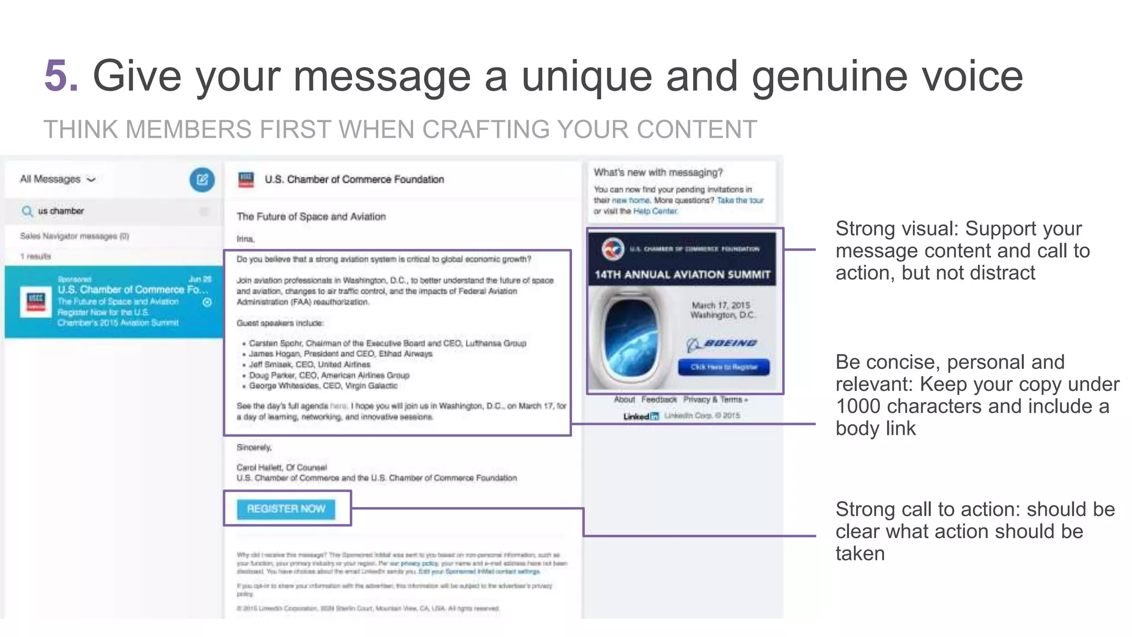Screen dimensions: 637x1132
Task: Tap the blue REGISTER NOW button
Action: click(x=286, y=509)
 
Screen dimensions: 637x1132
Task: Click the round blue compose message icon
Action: click(x=202, y=180)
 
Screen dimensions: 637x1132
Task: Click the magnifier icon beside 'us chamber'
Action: click(x=27, y=211)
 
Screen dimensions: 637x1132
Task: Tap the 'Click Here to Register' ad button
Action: click(x=724, y=367)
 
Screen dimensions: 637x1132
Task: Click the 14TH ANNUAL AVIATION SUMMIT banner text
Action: click(x=682, y=275)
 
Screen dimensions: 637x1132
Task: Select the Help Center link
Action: click(x=655, y=211)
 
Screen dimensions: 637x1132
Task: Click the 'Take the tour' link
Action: click(x=740, y=200)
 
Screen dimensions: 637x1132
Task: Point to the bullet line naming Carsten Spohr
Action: click(x=387, y=343)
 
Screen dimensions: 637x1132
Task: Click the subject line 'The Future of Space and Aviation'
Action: click(x=311, y=217)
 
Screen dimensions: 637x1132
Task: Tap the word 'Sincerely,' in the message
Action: click(x=254, y=447)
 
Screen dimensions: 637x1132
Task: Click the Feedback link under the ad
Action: click(x=659, y=399)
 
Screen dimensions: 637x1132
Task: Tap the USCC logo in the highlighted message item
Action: click(x=35, y=302)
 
